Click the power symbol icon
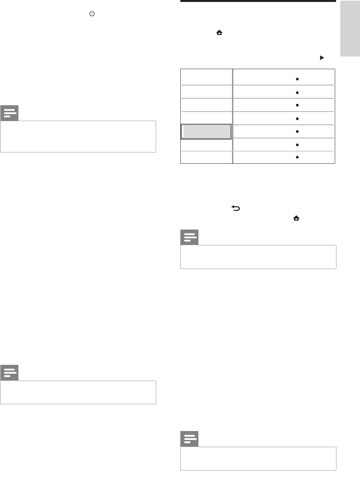[x=92, y=14]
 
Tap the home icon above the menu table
[x=219, y=32]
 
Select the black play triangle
[x=322, y=58]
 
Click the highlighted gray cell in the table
[x=206, y=132]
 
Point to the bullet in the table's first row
[x=297, y=79]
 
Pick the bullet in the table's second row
[x=297, y=93]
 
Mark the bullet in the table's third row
[x=297, y=105]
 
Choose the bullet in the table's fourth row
[x=297, y=119]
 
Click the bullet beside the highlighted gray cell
[x=297, y=132]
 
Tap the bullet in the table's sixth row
[x=297, y=145]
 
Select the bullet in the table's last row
[x=297, y=157]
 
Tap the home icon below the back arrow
[x=296, y=218]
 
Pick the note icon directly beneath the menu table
[x=190, y=238]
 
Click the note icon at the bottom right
[x=190, y=439]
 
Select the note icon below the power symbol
[x=10, y=113]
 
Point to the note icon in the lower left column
[x=10, y=373]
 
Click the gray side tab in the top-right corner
[x=350, y=28]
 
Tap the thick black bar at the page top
[x=258, y=1]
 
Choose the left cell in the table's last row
[x=206, y=157]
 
